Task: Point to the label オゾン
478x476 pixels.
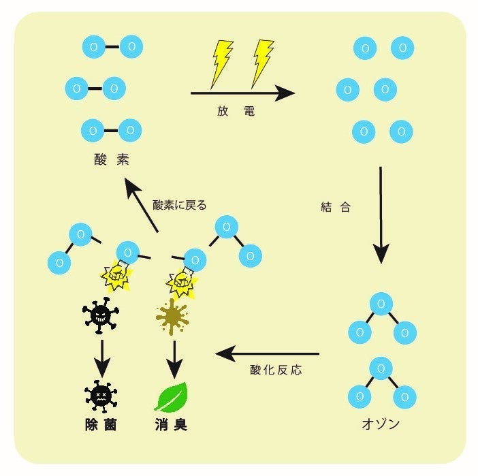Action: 380,424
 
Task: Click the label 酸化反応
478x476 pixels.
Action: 276,370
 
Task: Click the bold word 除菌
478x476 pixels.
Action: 100,424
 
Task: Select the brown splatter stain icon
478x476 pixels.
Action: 172,315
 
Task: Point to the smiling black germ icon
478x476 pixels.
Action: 100,315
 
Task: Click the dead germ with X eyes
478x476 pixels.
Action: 100,395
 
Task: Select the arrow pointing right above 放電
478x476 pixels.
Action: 242,92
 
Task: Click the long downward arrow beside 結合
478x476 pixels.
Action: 381,215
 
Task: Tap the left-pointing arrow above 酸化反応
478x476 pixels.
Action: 267,353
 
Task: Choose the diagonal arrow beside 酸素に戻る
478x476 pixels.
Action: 142,204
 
